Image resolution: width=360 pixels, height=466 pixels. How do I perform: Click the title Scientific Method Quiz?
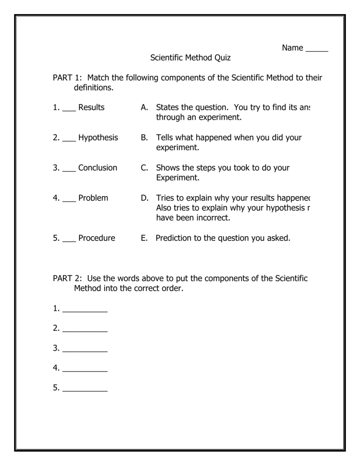point(191,58)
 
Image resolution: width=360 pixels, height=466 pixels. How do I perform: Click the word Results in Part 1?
point(91,107)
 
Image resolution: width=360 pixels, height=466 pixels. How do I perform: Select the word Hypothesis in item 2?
point(98,137)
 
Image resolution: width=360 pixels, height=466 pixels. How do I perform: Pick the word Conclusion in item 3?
point(97,167)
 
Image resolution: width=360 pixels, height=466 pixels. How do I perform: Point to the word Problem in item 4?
point(93,198)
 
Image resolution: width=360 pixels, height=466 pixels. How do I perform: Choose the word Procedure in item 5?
point(96,238)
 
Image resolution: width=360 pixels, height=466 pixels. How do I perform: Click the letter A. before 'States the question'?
point(145,107)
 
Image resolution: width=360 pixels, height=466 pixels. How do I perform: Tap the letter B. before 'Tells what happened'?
point(145,137)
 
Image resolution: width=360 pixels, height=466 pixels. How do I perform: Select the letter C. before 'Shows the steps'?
point(145,167)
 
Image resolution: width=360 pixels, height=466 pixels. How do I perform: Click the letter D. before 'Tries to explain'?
point(145,198)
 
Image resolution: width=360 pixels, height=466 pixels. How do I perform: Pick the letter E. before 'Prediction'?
point(144,238)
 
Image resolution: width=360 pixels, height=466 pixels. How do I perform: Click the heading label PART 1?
point(67,78)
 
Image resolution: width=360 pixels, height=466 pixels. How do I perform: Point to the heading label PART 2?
point(67,279)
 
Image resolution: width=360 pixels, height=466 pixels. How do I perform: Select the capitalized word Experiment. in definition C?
point(177,178)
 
